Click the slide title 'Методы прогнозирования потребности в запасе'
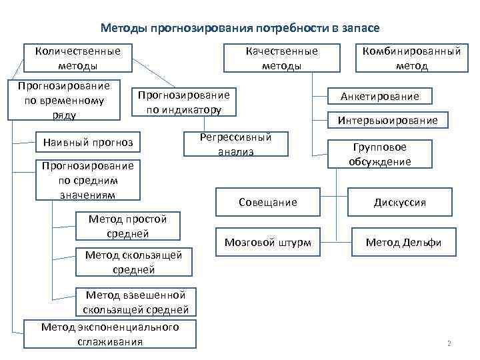(240, 28)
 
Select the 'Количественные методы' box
(77, 58)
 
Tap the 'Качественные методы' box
(281, 58)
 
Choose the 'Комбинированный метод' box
(411, 58)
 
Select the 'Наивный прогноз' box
(87, 141)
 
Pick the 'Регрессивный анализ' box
(235, 144)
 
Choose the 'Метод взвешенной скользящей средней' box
(136, 302)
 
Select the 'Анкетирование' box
(380, 96)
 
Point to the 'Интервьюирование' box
(387, 120)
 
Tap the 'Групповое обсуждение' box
(380, 155)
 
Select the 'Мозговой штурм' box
(267, 242)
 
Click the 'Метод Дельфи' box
(403, 242)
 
